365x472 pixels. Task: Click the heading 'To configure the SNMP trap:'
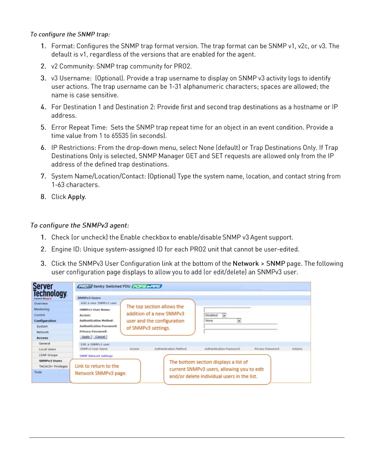click(x=70, y=34)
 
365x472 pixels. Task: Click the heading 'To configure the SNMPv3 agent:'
click(x=80, y=225)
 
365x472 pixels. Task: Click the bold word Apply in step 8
click(x=76, y=197)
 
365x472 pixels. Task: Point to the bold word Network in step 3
click(x=246, y=263)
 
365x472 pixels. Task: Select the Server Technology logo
click(x=50, y=291)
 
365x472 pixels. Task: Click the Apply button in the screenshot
click(x=86, y=337)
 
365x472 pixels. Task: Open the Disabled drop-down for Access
click(x=224, y=315)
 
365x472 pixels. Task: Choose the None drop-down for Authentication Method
click(x=239, y=321)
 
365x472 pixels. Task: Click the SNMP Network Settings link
click(x=96, y=356)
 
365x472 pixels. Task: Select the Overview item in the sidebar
click(x=41, y=303)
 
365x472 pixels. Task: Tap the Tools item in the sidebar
click(x=38, y=372)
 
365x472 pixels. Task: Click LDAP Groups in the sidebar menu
click(x=48, y=355)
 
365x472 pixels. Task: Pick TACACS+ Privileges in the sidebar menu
click(x=53, y=366)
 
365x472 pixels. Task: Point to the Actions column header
click(x=297, y=349)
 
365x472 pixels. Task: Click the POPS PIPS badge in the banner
click(x=146, y=286)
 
